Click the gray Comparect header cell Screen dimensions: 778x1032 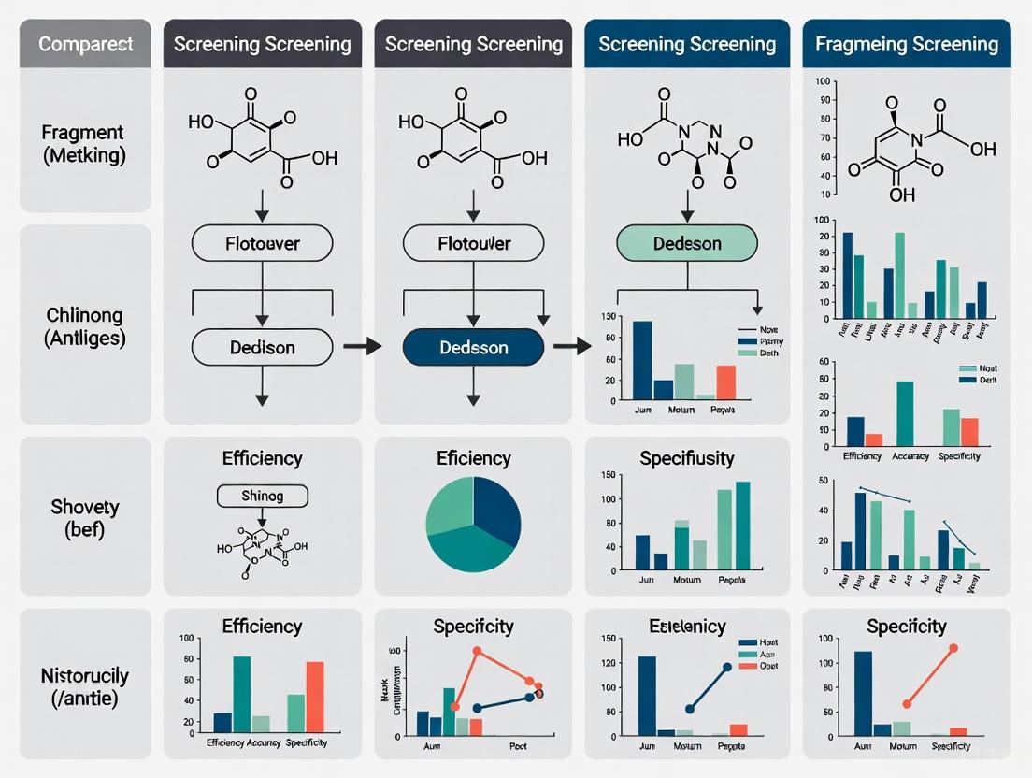(85, 44)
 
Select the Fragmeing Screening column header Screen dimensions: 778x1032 (907, 44)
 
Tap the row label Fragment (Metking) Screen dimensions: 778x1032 (83, 144)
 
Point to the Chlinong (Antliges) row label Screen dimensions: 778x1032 (83, 326)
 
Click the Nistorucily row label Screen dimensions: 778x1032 (84, 685)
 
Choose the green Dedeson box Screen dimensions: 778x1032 (687, 244)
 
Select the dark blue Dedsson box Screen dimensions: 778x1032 (473, 347)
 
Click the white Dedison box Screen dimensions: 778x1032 (262, 347)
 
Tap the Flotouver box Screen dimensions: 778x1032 (262, 244)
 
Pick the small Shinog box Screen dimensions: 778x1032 (262, 495)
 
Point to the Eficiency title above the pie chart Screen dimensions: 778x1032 (474, 458)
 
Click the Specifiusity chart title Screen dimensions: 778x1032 (687, 458)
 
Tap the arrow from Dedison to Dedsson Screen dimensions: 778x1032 (362, 347)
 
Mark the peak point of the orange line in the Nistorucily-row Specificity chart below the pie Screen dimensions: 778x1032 (477, 651)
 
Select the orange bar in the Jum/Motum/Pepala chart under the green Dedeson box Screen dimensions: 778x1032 (726, 382)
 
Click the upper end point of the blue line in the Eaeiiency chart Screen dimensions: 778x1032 (727, 668)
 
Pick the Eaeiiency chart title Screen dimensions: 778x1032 (687, 626)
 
